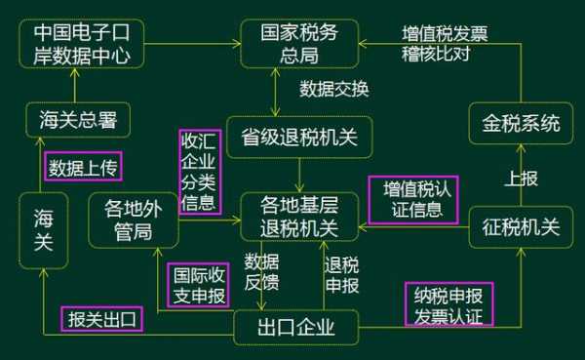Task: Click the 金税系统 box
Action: (521, 124)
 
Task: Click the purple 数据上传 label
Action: (83, 167)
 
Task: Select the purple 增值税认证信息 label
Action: (413, 198)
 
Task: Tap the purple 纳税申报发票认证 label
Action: (448, 303)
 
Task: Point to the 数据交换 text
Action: (333, 90)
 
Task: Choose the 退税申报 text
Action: (341, 274)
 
